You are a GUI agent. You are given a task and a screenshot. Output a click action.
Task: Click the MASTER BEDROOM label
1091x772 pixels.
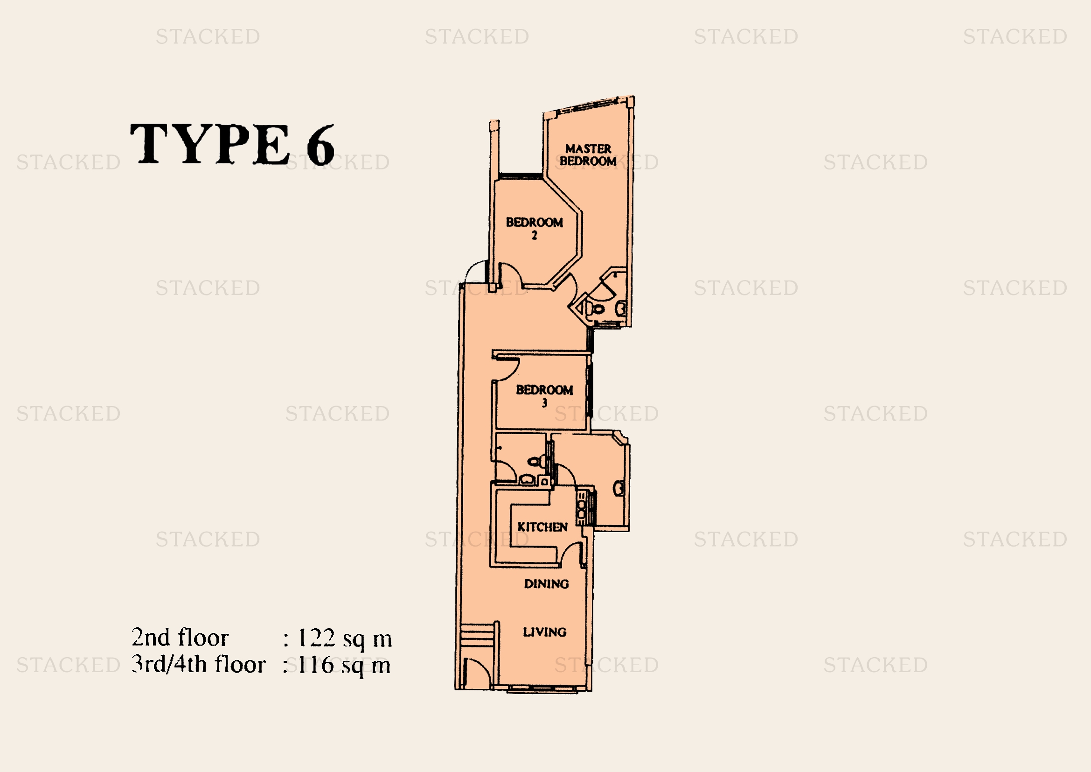588,155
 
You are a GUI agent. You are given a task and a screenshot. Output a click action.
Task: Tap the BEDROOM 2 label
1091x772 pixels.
534,228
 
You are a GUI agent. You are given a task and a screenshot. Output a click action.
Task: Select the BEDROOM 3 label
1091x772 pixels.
544,396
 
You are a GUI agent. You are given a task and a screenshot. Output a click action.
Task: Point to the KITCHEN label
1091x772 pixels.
542,526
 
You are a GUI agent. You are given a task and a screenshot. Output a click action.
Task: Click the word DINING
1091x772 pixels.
547,584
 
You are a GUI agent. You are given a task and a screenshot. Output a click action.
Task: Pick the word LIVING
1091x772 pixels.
544,632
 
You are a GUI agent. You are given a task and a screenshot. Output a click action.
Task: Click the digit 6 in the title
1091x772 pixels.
320,145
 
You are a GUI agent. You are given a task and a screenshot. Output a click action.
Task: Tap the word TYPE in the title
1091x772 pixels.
209,144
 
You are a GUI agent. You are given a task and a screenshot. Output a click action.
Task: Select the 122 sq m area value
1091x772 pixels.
345,639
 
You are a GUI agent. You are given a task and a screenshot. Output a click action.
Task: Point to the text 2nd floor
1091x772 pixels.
180,638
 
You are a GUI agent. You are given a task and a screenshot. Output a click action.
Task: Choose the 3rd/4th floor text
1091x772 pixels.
199,664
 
